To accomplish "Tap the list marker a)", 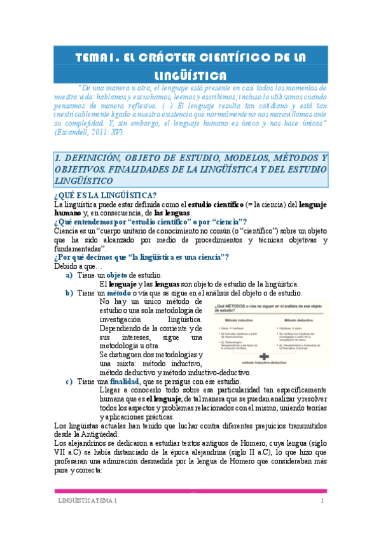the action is pyautogui.click(x=69, y=274).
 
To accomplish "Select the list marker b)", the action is pyautogui.click(x=69, y=293).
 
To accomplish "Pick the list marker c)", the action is pyautogui.click(x=69, y=381).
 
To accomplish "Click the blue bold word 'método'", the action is pyautogui.click(x=118, y=293).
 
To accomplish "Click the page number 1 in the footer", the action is pyautogui.click(x=322, y=502).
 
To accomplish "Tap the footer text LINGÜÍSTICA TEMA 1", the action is pyautogui.click(x=85, y=502).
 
